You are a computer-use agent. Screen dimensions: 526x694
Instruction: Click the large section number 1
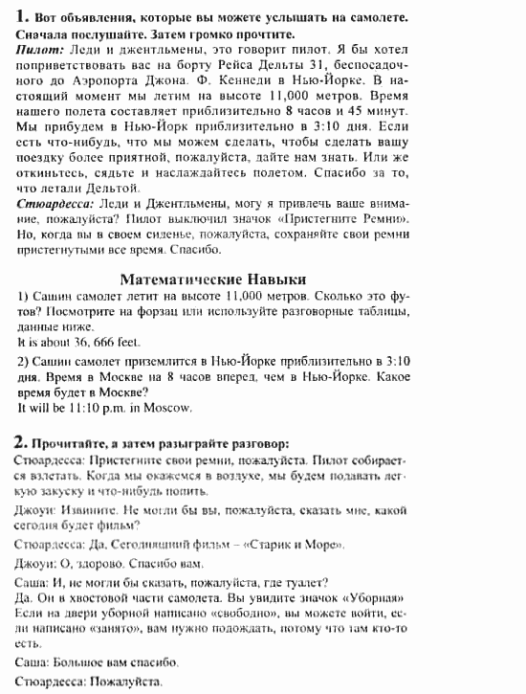pos(22,15)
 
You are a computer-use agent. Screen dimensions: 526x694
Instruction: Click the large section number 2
pos(22,441)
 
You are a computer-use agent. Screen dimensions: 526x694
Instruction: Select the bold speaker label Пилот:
pos(40,47)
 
